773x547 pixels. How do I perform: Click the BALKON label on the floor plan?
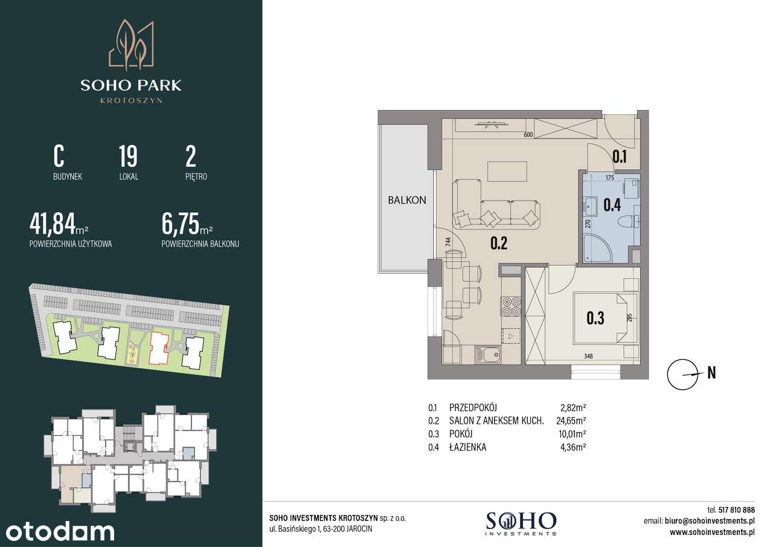click(x=407, y=200)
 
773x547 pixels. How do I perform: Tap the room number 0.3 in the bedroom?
click(x=595, y=318)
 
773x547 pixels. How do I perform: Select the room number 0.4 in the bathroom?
click(x=612, y=205)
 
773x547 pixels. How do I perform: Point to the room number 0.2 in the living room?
click(x=499, y=244)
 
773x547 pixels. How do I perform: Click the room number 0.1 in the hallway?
click(x=620, y=157)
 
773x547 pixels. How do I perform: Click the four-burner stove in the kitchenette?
click(x=512, y=306)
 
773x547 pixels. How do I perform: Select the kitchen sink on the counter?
click(x=488, y=355)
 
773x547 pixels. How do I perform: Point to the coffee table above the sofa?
click(x=507, y=171)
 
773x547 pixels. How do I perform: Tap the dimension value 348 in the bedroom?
click(x=588, y=356)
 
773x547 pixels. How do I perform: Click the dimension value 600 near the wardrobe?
click(x=528, y=135)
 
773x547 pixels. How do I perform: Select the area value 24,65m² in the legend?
click(x=571, y=421)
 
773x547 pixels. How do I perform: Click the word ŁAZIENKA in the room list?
click(x=467, y=447)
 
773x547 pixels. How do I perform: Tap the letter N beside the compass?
click(x=711, y=372)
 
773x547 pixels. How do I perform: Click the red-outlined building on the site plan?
click(x=159, y=348)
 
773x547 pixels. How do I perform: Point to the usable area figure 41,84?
click(x=53, y=224)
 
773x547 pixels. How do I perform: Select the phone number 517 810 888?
click(x=736, y=510)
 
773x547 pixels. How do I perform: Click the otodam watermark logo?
click(x=60, y=532)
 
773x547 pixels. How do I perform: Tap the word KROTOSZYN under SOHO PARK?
click(x=131, y=101)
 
